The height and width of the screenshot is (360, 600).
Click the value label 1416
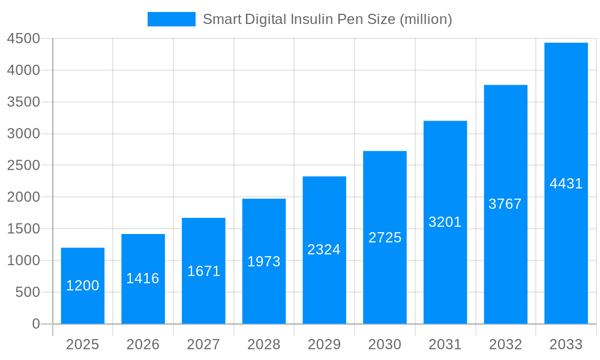pyautogui.click(x=143, y=278)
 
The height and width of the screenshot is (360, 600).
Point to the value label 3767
pyautogui.click(x=505, y=204)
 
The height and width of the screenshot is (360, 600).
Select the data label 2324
pyautogui.click(x=324, y=250)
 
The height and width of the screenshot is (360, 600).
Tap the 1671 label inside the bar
pyautogui.click(x=203, y=271)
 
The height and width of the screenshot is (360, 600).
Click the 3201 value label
pyautogui.click(x=445, y=222)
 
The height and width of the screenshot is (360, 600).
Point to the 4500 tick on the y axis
pyautogui.click(x=23, y=38)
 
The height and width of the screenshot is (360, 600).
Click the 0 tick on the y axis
pyautogui.click(x=35, y=324)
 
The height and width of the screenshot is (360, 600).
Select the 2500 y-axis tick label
pyautogui.click(x=23, y=165)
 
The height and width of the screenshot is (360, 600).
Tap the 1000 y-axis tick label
pyautogui.click(x=23, y=260)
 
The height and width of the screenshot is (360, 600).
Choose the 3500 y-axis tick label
pyautogui.click(x=23, y=102)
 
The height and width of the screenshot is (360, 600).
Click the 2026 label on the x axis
pyautogui.click(x=143, y=344)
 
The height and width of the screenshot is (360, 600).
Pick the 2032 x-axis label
pyautogui.click(x=505, y=344)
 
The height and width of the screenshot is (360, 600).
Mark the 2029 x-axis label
pyautogui.click(x=324, y=344)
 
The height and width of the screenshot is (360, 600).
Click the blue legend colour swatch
pyautogui.click(x=172, y=19)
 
